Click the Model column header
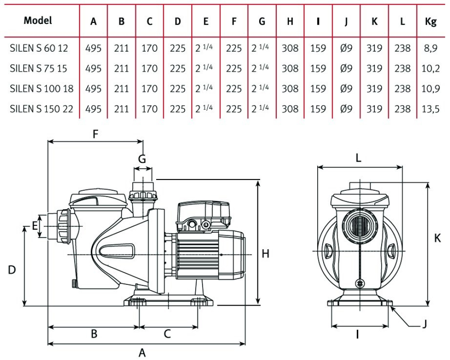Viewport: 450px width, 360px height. click(x=38, y=20)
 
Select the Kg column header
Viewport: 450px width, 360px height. click(x=431, y=22)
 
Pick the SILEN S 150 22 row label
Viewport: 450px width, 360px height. click(x=41, y=108)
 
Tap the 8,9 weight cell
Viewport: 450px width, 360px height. click(x=431, y=48)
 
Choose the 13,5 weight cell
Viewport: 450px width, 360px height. click(x=431, y=108)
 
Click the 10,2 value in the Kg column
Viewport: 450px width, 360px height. click(x=431, y=68)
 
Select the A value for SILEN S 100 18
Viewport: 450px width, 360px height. click(x=93, y=89)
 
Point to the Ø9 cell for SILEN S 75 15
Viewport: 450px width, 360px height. click(x=346, y=68)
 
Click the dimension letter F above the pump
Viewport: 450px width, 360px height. click(x=95, y=134)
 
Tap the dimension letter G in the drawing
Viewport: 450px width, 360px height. click(x=142, y=158)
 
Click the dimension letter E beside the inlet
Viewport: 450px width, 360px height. click(x=35, y=226)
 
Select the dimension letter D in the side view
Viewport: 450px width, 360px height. click(x=12, y=270)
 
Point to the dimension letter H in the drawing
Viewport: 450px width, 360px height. click(x=265, y=254)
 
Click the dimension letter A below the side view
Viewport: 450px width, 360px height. click(x=142, y=353)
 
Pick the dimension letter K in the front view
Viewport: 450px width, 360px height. click(x=437, y=239)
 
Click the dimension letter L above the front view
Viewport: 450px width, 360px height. click(x=359, y=158)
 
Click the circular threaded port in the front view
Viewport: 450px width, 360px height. click(x=359, y=225)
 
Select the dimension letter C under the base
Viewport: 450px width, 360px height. click(x=167, y=334)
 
